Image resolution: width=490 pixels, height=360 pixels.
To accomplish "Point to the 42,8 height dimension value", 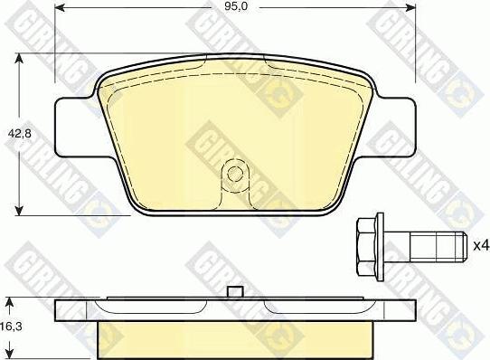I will pos(15,131).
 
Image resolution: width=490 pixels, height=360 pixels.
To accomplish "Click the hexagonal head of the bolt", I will pos(366,242).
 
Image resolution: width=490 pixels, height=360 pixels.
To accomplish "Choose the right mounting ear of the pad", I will pos(393,126).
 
